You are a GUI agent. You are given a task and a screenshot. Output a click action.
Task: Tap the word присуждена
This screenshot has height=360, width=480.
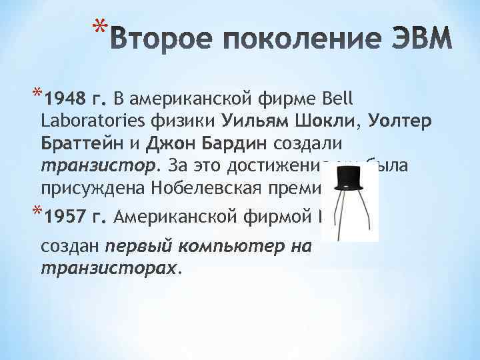pos(92,187)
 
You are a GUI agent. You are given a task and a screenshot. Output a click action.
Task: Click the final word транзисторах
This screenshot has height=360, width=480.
pos(109,267)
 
